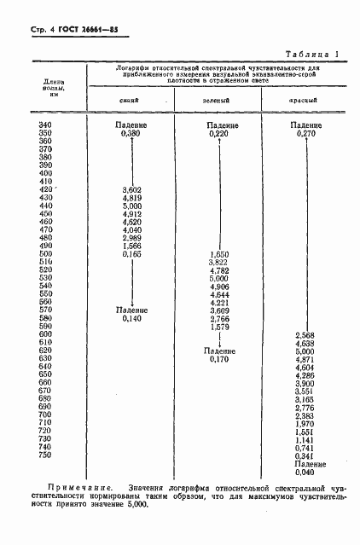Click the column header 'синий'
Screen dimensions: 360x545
click(130, 100)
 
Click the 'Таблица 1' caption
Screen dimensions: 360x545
click(312, 53)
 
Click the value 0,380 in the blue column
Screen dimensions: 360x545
click(131, 134)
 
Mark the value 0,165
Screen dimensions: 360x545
click(131, 254)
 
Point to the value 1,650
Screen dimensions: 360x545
click(219, 254)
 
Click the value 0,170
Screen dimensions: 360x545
click(219, 359)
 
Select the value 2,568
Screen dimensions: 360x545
click(305, 335)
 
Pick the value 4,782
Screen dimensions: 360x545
click(219, 271)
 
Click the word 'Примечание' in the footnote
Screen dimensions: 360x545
click(74, 486)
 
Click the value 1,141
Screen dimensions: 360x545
click(305, 439)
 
